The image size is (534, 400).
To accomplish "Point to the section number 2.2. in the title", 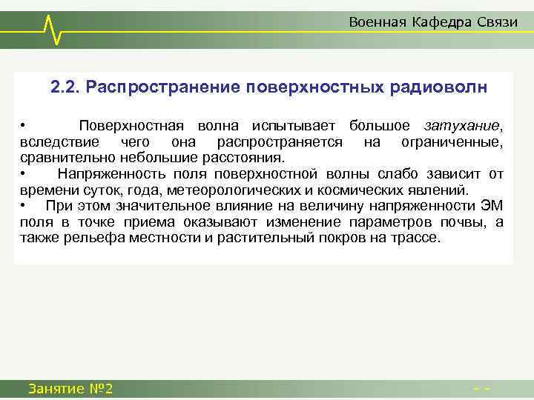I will pyautogui.click(x=65, y=87).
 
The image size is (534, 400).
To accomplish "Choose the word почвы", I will pyautogui.click(x=470, y=222).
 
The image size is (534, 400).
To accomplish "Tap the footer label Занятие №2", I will pyautogui.click(x=70, y=388).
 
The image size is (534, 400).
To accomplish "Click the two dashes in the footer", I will pyautogui.click(x=484, y=388).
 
